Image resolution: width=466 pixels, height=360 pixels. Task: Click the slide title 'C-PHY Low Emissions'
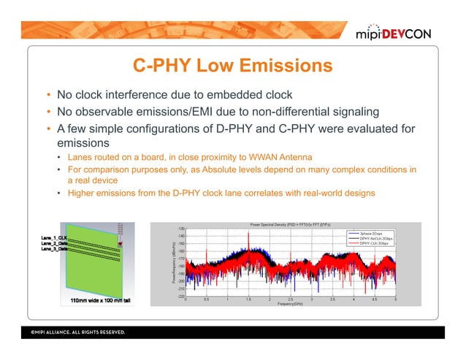232,66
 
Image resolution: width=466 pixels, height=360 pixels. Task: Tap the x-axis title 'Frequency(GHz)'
291,303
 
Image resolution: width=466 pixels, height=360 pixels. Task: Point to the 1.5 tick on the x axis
248,299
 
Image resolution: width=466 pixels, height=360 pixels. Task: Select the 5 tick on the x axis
395,299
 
